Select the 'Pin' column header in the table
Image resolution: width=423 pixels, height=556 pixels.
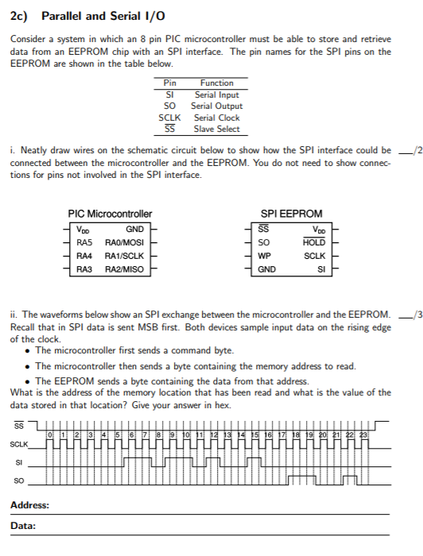(x=169, y=83)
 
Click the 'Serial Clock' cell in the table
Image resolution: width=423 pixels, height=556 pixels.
(x=217, y=118)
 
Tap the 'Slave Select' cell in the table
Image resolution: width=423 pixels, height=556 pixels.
(x=217, y=129)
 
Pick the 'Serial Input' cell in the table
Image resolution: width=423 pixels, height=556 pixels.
(x=217, y=95)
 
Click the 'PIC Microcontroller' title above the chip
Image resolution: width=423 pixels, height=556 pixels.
(x=110, y=214)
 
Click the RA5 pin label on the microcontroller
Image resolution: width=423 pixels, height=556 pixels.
(x=85, y=241)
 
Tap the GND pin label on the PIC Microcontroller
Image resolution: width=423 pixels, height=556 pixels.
(x=134, y=229)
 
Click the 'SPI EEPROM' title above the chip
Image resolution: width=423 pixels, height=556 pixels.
(x=292, y=214)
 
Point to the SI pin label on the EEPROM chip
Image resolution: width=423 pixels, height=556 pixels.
(x=321, y=269)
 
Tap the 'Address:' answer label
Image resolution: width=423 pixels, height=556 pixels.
(x=30, y=505)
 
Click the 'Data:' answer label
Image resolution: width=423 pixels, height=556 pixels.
(x=23, y=525)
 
